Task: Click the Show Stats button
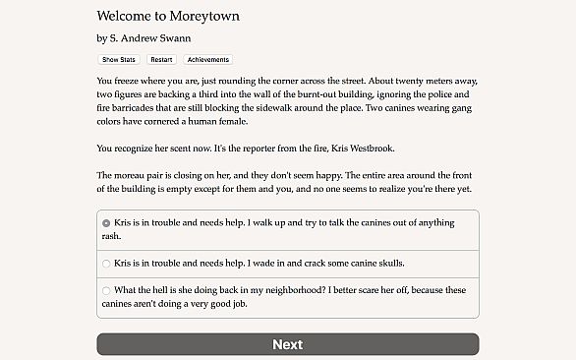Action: pos(119,60)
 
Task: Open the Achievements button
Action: pos(207,60)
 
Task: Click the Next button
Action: pos(287,344)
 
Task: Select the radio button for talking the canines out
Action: pos(106,223)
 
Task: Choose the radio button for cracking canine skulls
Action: pos(106,264)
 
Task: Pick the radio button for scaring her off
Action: pos(106,290)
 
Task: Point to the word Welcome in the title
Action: pos(127,17)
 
